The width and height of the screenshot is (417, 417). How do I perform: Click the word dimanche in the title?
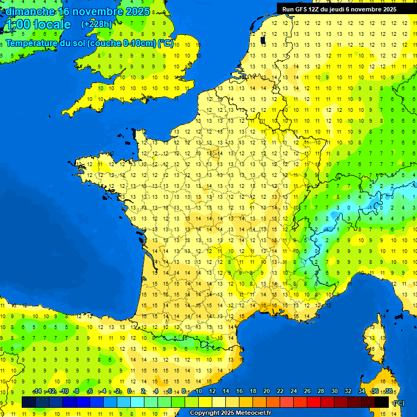[30, 11]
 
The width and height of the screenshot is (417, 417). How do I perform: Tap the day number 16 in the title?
[67, 11]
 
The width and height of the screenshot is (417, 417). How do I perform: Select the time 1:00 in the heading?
[17, 24]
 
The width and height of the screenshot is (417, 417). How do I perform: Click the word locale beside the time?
[52, 24]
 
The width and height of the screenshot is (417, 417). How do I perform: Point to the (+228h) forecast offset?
[96, 24]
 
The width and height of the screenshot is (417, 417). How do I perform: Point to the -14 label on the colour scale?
[37, 391]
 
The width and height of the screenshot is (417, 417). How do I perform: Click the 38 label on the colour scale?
[388, 391]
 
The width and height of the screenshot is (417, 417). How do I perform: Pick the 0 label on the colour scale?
[129, 391]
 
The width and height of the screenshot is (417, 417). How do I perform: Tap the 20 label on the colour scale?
[266, 391]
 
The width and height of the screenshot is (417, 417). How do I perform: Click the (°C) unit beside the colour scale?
[399, 403]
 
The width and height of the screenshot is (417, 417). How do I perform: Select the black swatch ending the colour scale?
[382, 402]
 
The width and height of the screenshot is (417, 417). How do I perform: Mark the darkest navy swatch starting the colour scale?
[29, 402]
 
